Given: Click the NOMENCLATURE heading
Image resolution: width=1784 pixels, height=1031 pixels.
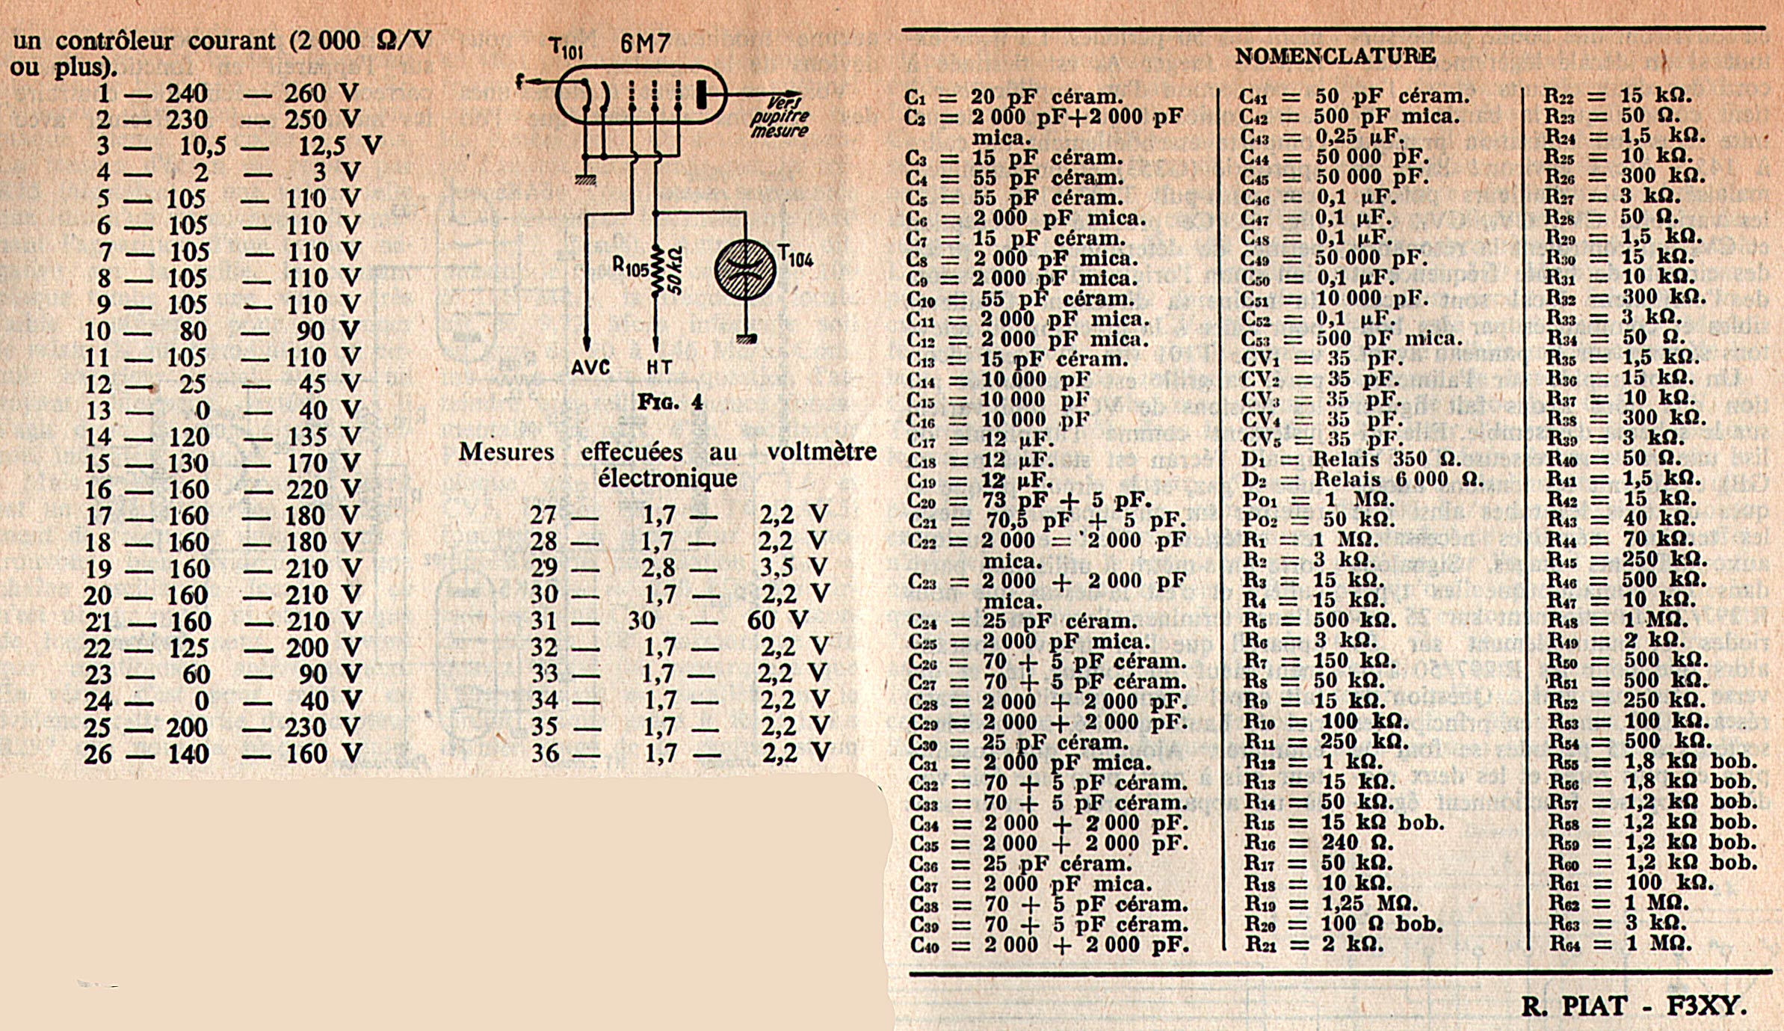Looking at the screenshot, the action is coord(1335,56).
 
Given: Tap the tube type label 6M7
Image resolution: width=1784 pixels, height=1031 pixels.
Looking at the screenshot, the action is coord(646,45).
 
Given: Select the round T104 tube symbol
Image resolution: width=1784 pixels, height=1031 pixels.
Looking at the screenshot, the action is coord(744,270).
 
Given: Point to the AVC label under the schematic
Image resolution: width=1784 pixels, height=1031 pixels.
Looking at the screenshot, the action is coord(590,368).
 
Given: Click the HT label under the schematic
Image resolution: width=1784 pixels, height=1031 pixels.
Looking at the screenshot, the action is coord(658,368).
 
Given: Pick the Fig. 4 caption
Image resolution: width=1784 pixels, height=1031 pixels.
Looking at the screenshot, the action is coord(670,402).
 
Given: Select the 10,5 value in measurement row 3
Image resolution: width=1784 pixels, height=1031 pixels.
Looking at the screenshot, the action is coord(203,147).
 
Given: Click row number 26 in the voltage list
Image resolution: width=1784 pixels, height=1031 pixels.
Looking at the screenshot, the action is coord(98,754).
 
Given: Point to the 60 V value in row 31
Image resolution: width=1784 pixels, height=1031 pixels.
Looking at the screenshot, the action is coord(777,620).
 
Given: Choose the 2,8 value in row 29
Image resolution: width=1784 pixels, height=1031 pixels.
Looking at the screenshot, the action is coord(658,567).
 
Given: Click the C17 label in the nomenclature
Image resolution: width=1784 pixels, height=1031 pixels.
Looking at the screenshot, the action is coord(922,440).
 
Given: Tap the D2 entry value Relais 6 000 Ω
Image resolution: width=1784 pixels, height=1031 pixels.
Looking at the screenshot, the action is coord(1398,478).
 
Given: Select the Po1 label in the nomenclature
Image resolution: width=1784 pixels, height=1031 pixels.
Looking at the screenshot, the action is coord(1260,499).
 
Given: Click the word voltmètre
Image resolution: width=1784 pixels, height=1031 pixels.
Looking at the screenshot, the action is coord(821,452).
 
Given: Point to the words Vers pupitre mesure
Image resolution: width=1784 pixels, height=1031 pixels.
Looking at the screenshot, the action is coord(780,117).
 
